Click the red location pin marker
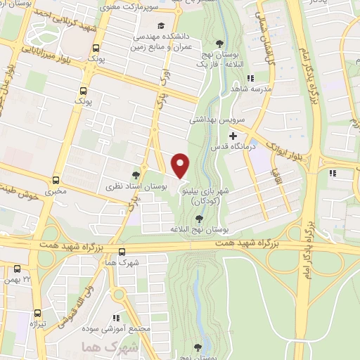(181, 166)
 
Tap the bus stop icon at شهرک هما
(122, 252)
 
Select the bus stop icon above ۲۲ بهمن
(18, 269)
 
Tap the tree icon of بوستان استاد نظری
(136, 174)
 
